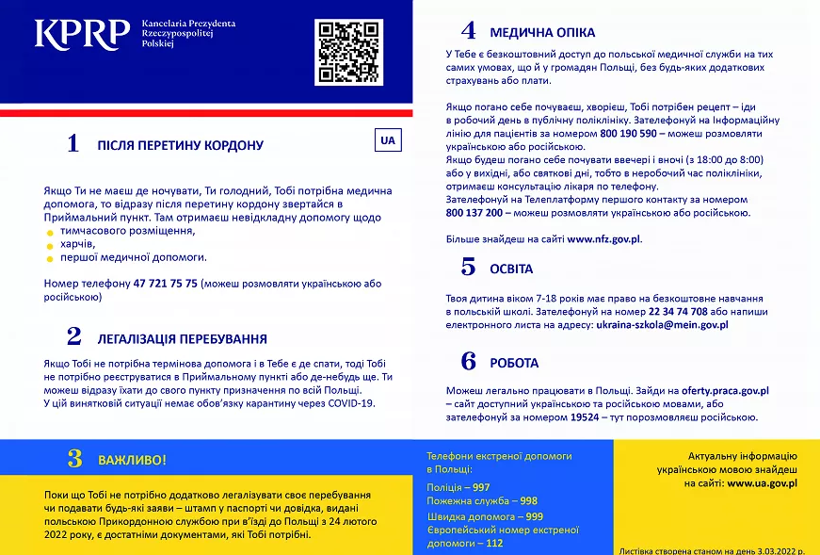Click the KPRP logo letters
click(82, 34)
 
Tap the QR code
click(349, 52)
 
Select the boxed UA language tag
click(388, 140)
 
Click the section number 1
click(72, 144)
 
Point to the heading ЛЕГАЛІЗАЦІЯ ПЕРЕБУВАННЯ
click(182, 338)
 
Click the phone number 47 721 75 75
click(166, 283)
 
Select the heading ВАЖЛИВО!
click(132, 460)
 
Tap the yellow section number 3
click(74, 459)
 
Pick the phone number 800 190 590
click(635, 134)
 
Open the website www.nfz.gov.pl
click(603, 239)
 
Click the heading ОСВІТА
click(511, 269)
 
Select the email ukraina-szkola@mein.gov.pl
click(662, 324)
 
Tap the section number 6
click(468, 362)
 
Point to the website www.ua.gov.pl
click(762, 482)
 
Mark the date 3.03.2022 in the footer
click(769, 548)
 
